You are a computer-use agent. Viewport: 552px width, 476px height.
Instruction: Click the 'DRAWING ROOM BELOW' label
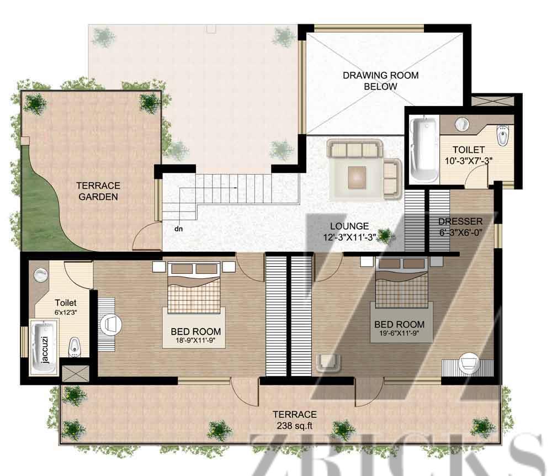pyautogui.click(x=380, y=81)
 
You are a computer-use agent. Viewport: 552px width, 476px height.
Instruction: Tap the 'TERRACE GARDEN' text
pyautogui.click(x=98, y=191)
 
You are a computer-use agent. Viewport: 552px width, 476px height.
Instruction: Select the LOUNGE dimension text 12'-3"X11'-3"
pyautogui.click(x=349, y=237)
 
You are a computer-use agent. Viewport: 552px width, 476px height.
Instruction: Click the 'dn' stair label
pyautogui.click(x=178, y=229)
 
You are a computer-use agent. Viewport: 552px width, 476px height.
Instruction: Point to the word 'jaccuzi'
pyautogui.click(x=44, y=349)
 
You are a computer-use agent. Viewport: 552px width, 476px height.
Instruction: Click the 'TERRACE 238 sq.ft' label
pyautogui.click(x=295, y=420)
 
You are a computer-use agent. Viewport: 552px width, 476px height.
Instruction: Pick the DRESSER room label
pyautogui.click(x=460, y=221)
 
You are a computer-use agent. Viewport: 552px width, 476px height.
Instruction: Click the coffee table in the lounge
pyautogui.click(x=357, y=177)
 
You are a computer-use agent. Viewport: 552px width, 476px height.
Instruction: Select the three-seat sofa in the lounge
pyautogui.click(x=355, y=149)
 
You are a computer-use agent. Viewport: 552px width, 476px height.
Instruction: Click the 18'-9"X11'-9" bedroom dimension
pyautogui.click(x=195, y=341)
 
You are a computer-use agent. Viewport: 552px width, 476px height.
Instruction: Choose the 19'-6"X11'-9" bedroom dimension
pyautogui.click(x=399, y=333)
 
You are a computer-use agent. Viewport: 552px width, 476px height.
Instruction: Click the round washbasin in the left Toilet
pyautogui.click(x=40, y=274)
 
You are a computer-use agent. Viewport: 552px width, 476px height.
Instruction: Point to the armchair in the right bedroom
pyautogui.click(x=328, y=362)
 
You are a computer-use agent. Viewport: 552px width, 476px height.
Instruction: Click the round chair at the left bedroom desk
pyautogui.click(x=112, y=324)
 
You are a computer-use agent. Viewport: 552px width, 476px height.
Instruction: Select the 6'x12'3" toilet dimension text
pyautogui.click(x=66, y=313)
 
